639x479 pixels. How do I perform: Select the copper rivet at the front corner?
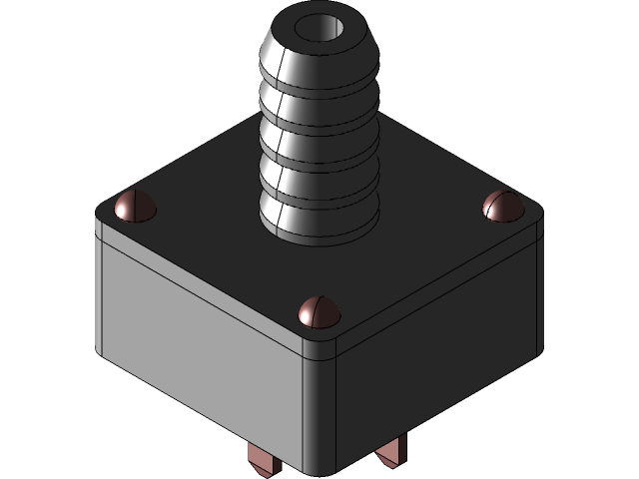319,311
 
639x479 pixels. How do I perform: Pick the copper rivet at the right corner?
501,207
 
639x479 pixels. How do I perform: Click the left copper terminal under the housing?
262,460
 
